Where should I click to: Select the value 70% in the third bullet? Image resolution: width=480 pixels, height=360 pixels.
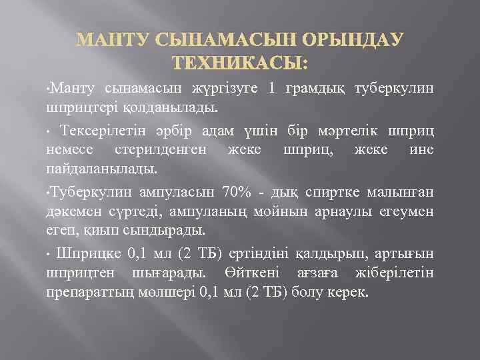click(x=237, y=193)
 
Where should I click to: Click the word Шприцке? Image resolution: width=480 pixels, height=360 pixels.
click(x=83, y=255)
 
